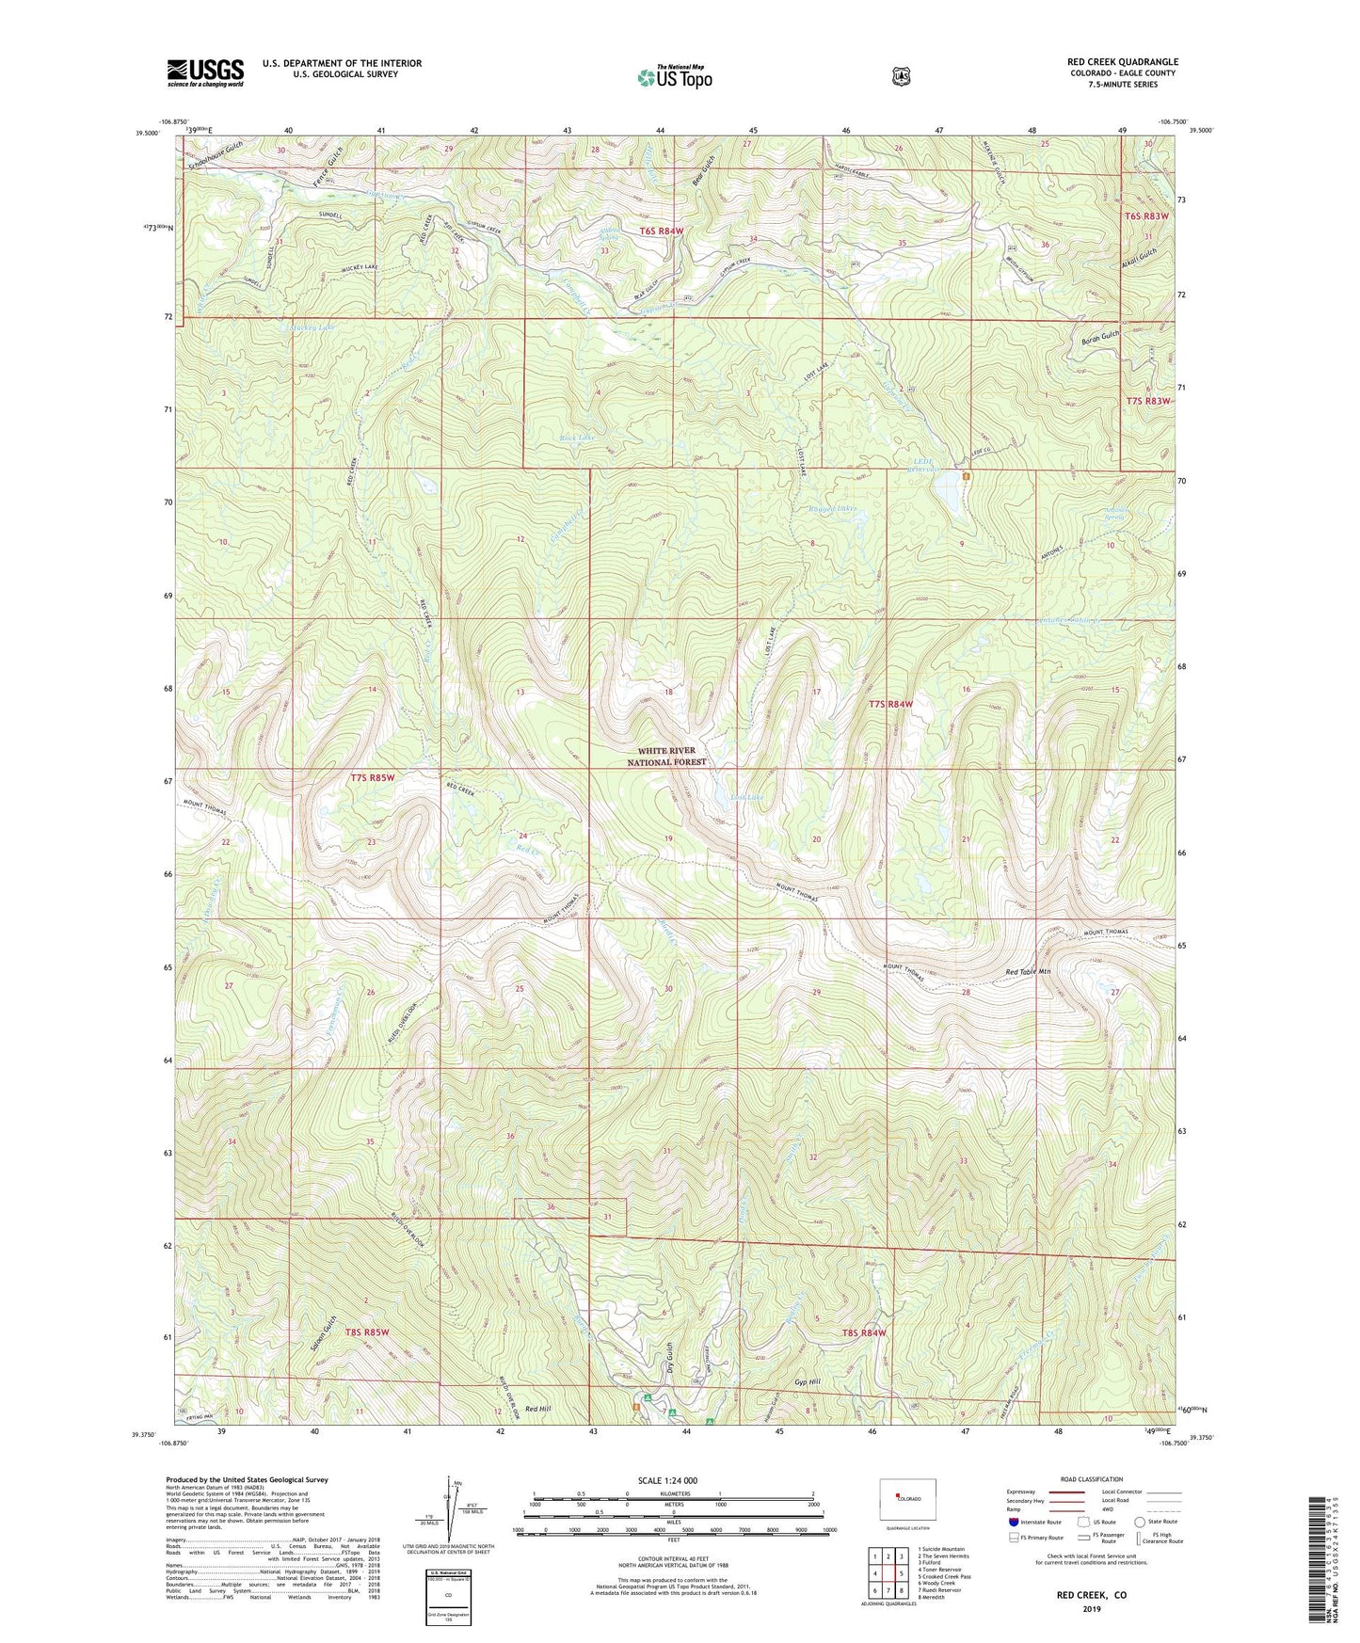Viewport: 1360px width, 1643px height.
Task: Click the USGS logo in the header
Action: point(205,72)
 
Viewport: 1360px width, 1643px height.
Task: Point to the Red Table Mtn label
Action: point(1028,971)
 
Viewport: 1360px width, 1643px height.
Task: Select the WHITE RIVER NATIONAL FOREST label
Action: point(666,757)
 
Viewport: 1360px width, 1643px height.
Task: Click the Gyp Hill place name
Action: point(808,1381)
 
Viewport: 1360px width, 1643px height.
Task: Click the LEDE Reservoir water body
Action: point(946,488)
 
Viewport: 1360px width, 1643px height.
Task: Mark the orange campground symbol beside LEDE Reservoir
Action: point(966,475)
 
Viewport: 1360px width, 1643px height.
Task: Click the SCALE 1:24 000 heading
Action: point(667,1480)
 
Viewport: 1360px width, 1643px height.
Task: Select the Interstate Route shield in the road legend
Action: point(1013,1521)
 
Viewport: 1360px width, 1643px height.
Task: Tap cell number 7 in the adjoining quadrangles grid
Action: point(888,1590)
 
